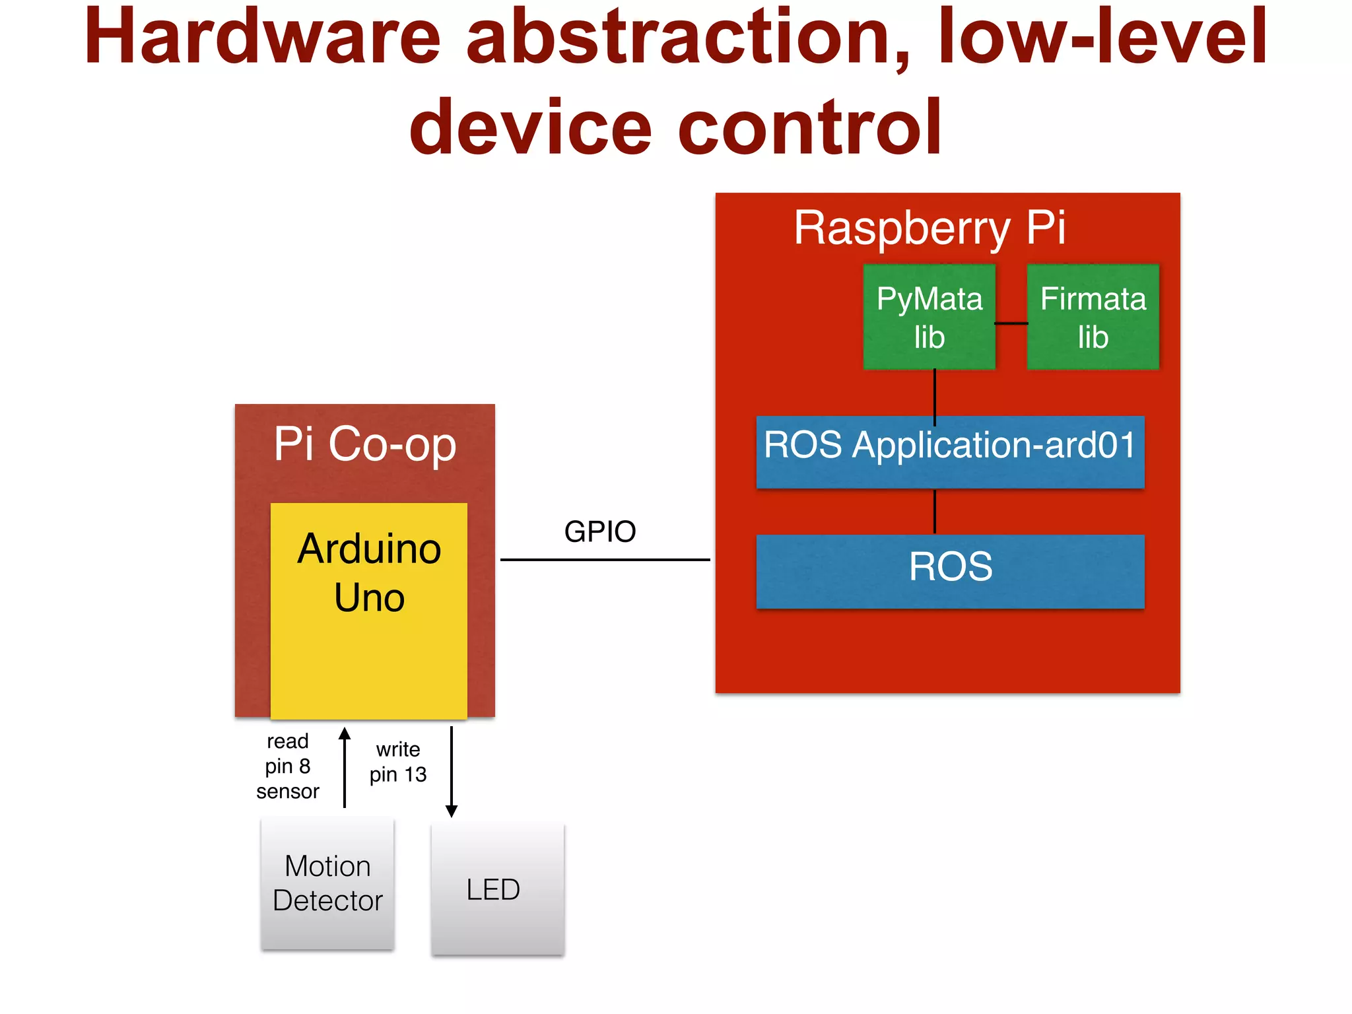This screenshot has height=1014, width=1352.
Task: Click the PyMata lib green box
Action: pyautogui.click(x=929, y=317)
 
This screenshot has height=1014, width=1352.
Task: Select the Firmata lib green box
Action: pyautogui.click(x=1093, y=317)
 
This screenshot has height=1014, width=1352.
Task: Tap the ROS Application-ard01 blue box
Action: pyautogui.click(x=950, y=452)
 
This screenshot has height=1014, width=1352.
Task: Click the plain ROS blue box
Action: pyautogui.click(x=950, y=570)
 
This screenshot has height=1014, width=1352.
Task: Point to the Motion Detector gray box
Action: pyautogui.click(x=327, y=883)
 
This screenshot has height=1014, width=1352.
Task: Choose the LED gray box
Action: pyautogui.click(x=497, y=889)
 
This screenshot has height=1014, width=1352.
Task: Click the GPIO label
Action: pyautogui.click(x=599, y=531)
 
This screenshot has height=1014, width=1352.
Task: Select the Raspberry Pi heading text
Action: pyautogui.click(x=929, y=228)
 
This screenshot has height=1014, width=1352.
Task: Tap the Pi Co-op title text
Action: pyautogui.click(x=365, y=444)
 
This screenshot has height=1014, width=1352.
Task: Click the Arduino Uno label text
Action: pyautogui.click(x=369, y=573)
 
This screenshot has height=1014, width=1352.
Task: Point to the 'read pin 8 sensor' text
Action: pyautogui.click(x=288, y=766)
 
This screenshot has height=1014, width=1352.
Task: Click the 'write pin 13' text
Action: pyautogui.click(x=397, y=762)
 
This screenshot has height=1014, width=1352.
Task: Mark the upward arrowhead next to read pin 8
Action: pyautogui.click(x=345, y=733)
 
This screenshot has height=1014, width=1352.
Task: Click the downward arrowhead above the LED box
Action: pyautogui.click(x=452, y=811)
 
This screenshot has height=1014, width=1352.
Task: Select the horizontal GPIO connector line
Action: pyautogui.click(x=605, y=560)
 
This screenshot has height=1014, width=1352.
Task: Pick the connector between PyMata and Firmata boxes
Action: pyautogui.click(x=1011, y=323)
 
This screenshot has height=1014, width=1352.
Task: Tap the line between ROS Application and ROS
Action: pyautogui.click(x=935, y=512)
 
